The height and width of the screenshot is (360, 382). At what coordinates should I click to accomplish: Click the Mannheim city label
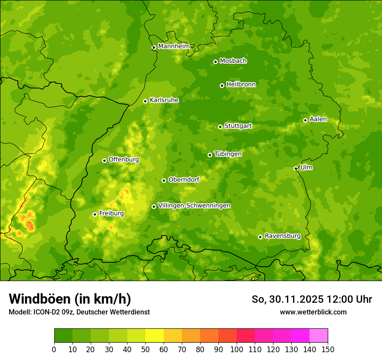click(x=174, y=46)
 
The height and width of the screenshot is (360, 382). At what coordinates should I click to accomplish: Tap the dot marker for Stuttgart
click(x=220, y=127)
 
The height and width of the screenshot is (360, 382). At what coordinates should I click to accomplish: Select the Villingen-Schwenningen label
click(x=194, y=206)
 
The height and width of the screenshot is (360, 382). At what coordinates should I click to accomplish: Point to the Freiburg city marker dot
click(x=95, y=214)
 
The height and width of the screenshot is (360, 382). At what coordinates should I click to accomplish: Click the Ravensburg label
click(x=282, y=236)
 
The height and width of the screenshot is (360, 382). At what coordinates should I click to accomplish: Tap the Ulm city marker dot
click(x=296, y=168)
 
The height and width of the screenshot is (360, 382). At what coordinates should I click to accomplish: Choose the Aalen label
click(x=318, y=119)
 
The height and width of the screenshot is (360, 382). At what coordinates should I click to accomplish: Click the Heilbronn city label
click(x=241, y=85)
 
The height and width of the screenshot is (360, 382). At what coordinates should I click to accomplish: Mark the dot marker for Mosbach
click(x=215, y=62)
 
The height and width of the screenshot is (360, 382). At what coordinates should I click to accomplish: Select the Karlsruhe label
click(x=164, y=100)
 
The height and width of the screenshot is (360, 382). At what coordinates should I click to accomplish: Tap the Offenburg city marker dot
click(x=104, y=160)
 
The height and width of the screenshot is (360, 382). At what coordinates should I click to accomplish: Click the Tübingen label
click(x=228, y=154)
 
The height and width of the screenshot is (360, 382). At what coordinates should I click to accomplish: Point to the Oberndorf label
click(x=184, y=180)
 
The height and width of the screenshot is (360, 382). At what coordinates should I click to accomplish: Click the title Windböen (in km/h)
click(x=69, y=299)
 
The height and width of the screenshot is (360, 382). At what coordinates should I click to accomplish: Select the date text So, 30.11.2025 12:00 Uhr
click(x=312, y=299)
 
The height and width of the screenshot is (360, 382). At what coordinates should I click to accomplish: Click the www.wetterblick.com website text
click(x=313, y=312)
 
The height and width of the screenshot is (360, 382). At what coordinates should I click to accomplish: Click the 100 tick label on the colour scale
click(x=237, y=349)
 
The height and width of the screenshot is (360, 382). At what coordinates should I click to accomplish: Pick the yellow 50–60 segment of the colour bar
click(x=155, y=336)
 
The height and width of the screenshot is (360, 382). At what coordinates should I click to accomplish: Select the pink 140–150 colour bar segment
click(x=319, y=336)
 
